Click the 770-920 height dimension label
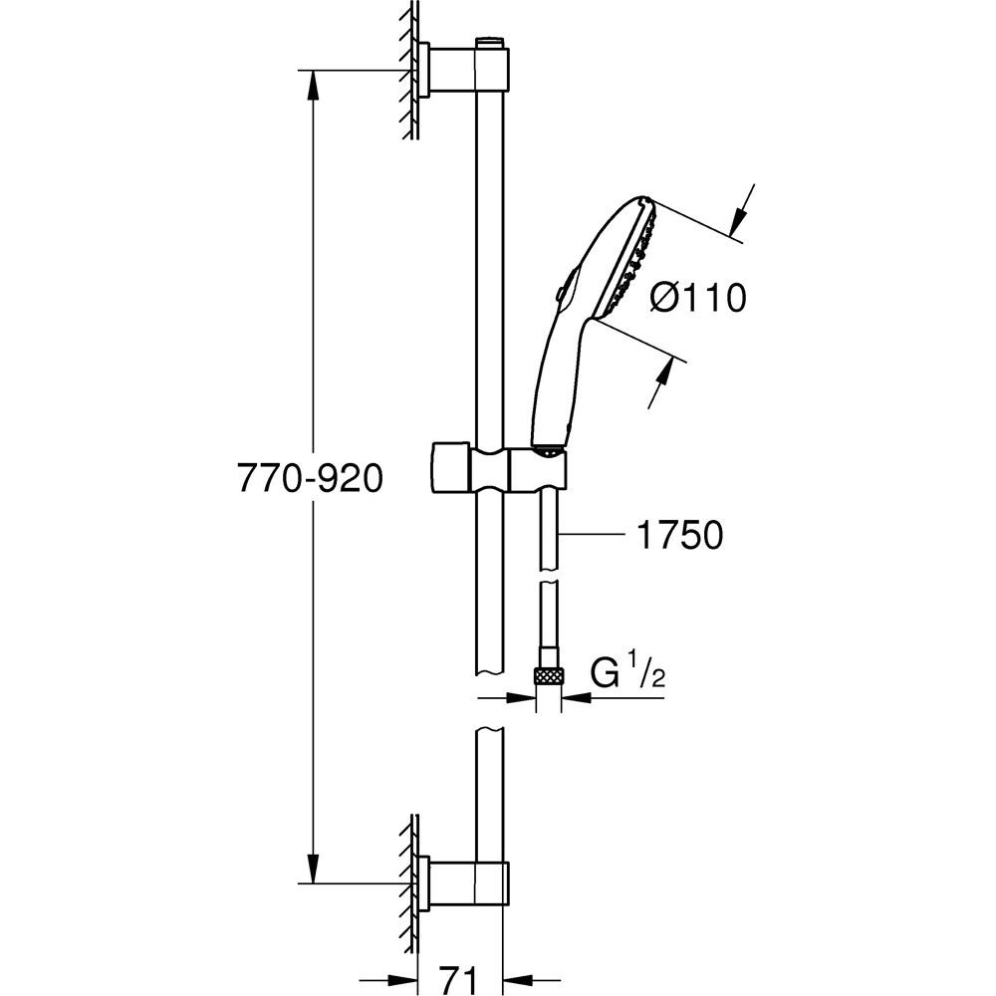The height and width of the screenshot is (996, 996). [310, 478]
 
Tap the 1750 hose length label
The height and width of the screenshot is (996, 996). [679, 535]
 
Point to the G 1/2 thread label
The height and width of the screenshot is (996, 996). [626, 673]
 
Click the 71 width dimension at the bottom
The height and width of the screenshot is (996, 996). [457, 978]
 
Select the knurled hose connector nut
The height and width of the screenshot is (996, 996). [549, 675]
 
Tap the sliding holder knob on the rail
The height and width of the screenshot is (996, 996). [450, 467]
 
